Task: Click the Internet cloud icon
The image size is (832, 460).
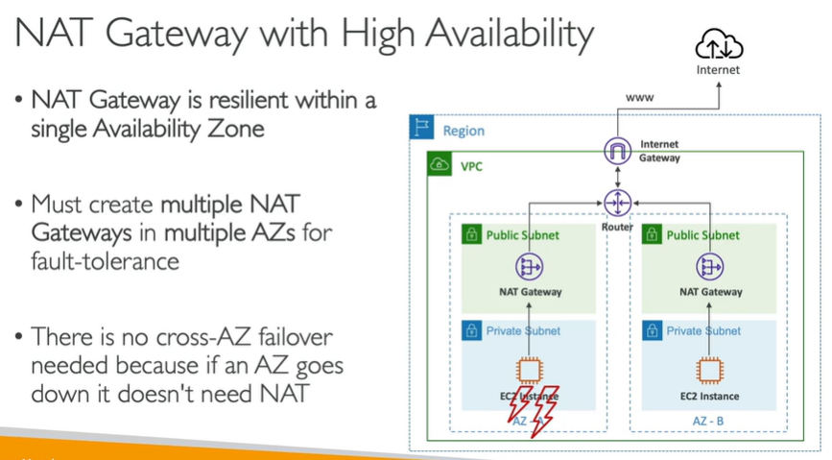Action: click(x=721, y=45)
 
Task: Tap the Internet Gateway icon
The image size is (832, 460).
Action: click(x=615, y=151)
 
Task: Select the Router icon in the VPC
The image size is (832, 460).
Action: click(x=615, y=203)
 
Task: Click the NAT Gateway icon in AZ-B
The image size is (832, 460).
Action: click(x=711, y=268)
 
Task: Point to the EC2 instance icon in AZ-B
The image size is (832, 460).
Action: click(x=711, y=371)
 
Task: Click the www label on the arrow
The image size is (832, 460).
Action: click(x=640, y=98)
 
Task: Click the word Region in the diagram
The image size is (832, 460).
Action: click(x=464, y=131)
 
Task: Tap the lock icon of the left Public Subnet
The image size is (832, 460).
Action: click(x=472, y=234)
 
